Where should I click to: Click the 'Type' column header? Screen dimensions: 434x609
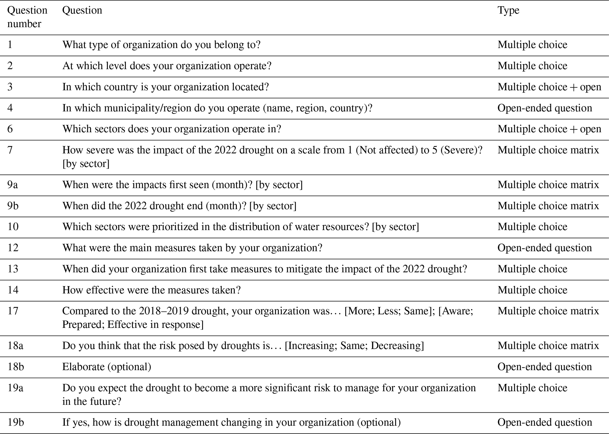coord(508,11)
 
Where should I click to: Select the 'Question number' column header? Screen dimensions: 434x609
coord(27,17)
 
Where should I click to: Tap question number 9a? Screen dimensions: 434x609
coord(12,185)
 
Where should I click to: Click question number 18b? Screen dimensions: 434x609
coord(16,367)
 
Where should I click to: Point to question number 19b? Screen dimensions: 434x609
coord(16,423)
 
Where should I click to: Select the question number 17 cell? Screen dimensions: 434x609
coord(13,311)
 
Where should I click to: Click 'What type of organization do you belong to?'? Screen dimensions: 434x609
coord(161,45)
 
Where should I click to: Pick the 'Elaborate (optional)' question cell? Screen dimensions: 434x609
coord(107,367)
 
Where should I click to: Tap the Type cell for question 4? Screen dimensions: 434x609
coord(544,108)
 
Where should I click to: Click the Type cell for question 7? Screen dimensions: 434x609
coord(548,150)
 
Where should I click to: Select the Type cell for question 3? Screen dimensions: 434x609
coord(549,87)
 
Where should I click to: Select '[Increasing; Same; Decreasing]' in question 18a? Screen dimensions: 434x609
coord(354,346)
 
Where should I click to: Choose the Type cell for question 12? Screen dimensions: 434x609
coord(544,248)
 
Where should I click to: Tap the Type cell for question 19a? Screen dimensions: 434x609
coord(532,388)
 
